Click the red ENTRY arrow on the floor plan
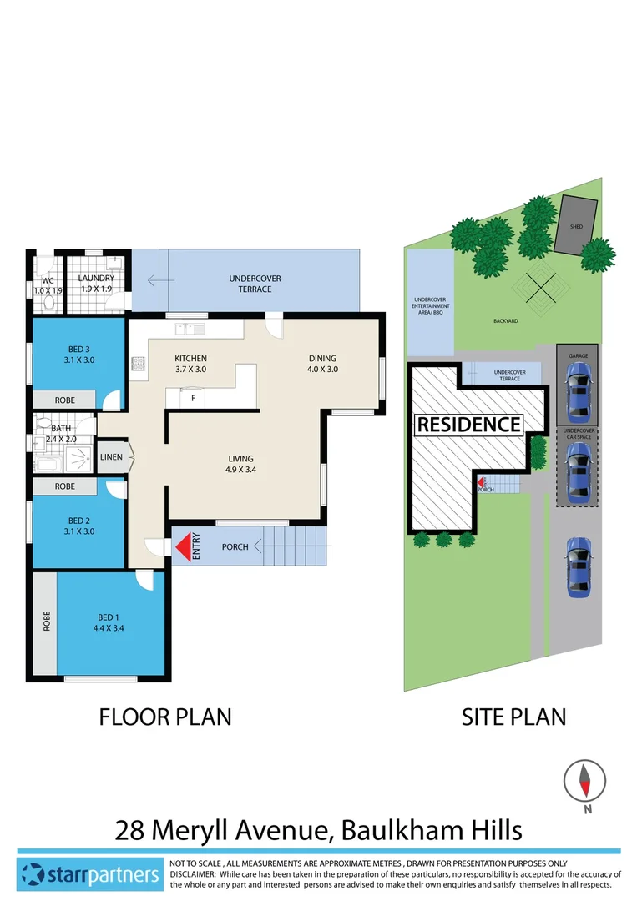point(182,547)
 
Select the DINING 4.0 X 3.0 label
point(321,364)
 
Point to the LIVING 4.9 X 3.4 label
point(241,464)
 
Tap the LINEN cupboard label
point(111,457)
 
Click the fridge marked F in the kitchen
point(194,398)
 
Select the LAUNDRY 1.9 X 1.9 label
point(97,283)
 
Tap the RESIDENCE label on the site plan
point(468,425)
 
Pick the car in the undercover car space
point(578,473)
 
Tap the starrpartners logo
point(89,874)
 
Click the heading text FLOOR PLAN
point(165,717)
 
